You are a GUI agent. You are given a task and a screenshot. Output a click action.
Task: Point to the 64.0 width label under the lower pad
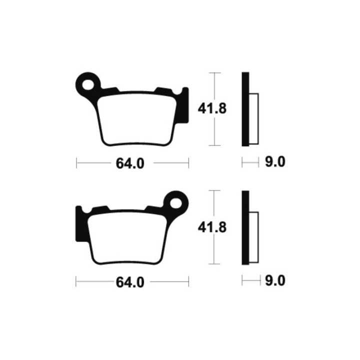(130, 282)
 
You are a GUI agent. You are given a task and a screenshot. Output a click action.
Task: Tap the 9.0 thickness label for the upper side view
(275, 162)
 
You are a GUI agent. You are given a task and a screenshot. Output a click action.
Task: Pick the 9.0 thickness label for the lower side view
(275, 281)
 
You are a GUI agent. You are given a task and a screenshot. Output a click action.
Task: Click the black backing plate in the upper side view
(245, 109)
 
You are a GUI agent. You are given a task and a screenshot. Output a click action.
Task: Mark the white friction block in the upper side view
(253, 118)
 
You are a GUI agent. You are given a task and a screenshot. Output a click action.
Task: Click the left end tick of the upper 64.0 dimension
(76, 163)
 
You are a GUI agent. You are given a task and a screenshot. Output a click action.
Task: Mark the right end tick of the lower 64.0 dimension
(188, 281)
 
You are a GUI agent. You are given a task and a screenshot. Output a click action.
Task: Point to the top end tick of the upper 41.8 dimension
(214, 73)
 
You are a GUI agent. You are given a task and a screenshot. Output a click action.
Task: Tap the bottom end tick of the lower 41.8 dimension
(214, 263)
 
